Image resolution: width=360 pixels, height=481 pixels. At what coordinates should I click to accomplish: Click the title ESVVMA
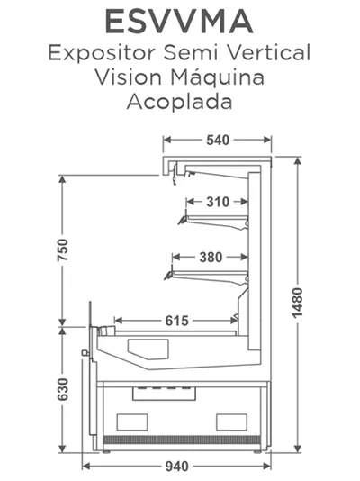(x=179, y=21)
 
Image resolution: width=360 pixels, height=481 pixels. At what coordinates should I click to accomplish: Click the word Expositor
(x=102, y=53)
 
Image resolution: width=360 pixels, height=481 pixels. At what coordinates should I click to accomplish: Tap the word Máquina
(x=217, y=77)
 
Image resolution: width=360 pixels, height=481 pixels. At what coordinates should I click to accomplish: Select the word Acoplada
(x=179, y=101)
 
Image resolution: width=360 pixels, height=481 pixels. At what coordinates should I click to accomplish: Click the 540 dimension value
(x=218, y=141)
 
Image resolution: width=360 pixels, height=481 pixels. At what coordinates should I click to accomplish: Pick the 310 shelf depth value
(x=218, y=202)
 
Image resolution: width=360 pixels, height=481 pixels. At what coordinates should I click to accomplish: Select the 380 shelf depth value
(x=211, y=257)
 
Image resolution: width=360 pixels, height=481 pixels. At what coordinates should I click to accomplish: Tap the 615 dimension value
(x=176, y=321)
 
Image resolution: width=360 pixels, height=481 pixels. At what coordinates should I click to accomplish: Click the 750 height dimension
(x=62, y=250)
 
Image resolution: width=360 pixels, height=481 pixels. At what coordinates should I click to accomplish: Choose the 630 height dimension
(x=62, y=389)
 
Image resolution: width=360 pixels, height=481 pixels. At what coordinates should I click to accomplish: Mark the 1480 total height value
(x=297, y=303)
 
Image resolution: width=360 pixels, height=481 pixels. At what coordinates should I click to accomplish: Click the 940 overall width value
(x=176, y=467)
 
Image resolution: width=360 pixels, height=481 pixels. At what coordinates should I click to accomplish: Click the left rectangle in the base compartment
(x=132, y=422)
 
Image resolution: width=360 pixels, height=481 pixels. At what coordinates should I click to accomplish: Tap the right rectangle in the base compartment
(x=231, y=422)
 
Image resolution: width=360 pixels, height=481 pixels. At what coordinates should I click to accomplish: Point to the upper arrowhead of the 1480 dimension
(x=297, y=161)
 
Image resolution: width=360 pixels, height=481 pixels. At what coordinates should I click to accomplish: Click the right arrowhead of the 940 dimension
(x=266, y=467)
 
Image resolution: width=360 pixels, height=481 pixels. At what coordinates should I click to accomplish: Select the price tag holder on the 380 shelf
(x=168, y=274)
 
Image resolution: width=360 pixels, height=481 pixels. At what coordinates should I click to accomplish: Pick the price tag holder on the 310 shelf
(x=183, y=219)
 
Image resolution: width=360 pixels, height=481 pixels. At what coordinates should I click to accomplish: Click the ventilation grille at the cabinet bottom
(x=182, y=440)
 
